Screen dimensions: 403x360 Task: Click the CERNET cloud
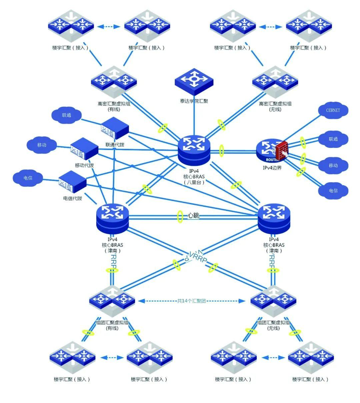pyautogui.click(x=333, y=110)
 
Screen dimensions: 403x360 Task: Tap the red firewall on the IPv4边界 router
pyautogui.click(x=281, y=151)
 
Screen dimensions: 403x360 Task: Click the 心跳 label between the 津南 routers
pyautogui.click(x=193, y=215)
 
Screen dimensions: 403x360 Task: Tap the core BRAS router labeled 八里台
pyautogui.click(x=194, y=149)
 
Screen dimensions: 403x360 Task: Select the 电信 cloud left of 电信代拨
pyautogui.click(x=28, y=178)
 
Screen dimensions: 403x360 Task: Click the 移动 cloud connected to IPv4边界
pyautogui.click(x=333, y=165)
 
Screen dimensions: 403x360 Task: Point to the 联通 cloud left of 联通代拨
pyautogui.click(x=66, y=115)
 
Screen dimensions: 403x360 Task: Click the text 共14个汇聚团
pyautogui.click(x=191, y=301)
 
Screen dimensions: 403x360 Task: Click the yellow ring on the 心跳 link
pyautogui.click(x=180, y=216)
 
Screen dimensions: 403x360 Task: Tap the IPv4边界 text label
pyautogui.click(x=272, y=168)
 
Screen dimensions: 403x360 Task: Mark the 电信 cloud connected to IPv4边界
pyautogui.click(x=333, y=191)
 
